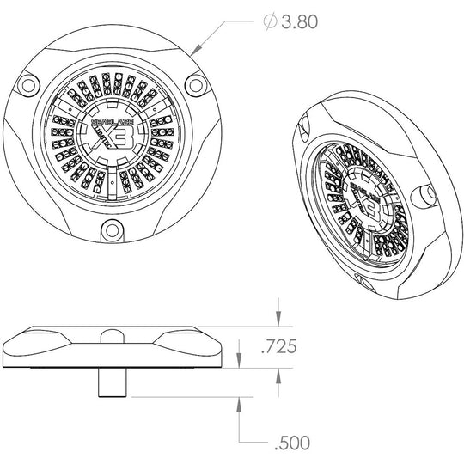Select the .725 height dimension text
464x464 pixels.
pos(279,347)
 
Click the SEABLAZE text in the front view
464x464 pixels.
pos(109,121)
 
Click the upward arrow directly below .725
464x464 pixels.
pos(279,375)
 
